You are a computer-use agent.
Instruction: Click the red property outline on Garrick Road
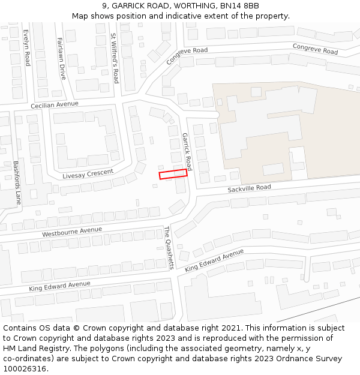(173, 174)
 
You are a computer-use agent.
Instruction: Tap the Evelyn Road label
(27, 47)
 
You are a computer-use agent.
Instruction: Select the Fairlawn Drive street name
(61, 58)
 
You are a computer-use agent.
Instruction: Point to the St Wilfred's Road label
(114, 58)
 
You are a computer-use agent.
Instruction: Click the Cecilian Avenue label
(55, 104)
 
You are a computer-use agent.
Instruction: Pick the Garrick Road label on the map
(187, 151)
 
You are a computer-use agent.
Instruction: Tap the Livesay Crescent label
(88, 175)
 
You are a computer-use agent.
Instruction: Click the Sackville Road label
(249, 188)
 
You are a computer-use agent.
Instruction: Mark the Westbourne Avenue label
(72, 231)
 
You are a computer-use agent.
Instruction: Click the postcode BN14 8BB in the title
(239, 6)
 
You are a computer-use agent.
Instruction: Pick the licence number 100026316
(25, 368)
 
